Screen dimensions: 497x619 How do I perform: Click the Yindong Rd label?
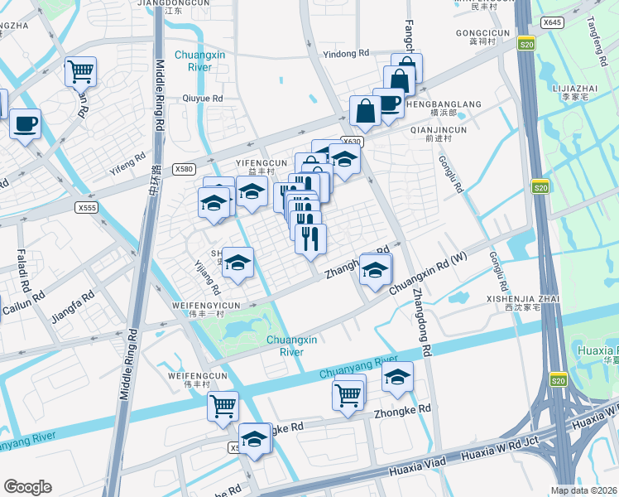[346, 53]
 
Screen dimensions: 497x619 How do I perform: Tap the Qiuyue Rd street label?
[202, 98]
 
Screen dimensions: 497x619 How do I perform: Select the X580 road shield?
[184, 169]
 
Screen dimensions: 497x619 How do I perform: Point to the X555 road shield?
[86, 206]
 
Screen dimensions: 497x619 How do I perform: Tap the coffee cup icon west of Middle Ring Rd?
[25, 124]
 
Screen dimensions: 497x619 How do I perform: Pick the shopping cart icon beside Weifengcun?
[223, 406]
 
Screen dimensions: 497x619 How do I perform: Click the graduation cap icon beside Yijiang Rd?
[238, 264]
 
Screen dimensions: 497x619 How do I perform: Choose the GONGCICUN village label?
[479, 32]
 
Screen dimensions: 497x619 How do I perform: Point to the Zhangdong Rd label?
[421, 323]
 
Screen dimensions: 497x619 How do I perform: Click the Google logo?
[27, 487]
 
